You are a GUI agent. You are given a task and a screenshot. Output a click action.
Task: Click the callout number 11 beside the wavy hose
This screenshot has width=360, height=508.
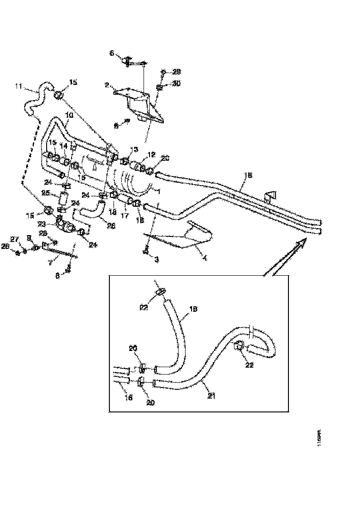(18, 86)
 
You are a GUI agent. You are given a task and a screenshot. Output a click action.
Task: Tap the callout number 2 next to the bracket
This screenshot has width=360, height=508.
(107, 85)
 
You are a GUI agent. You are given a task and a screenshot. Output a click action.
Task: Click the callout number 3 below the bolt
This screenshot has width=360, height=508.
(156, 260)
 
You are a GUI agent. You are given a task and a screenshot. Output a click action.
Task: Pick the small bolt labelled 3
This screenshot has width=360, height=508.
(146, 251)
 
